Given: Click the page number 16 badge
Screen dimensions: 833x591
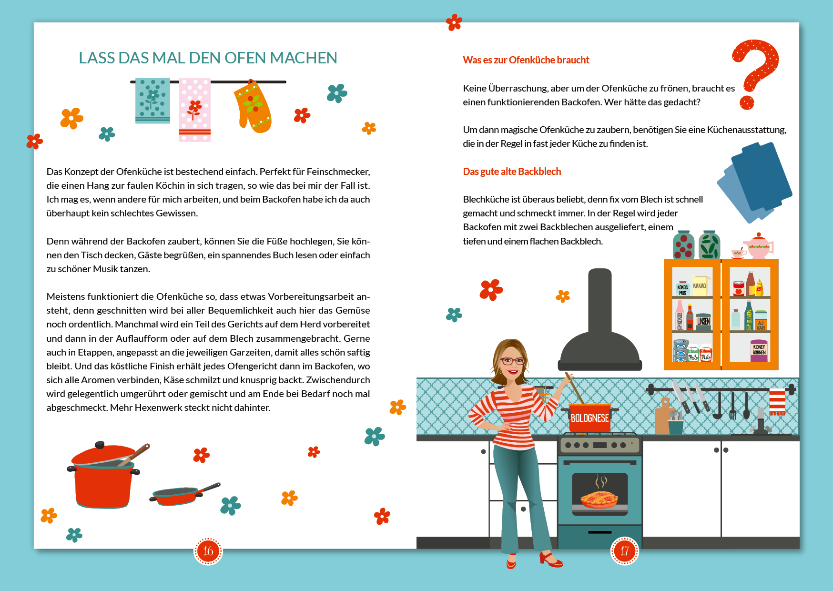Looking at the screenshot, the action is [208, 551].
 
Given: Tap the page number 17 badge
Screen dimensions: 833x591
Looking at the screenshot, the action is [624, 551].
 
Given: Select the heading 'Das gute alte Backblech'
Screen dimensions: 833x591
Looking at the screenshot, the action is [512, 172].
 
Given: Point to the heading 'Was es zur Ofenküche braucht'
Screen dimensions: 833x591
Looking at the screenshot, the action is [526, 60].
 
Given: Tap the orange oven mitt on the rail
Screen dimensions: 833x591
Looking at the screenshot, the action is [253, 107].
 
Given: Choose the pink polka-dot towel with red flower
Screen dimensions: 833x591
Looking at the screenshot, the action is [194, 110].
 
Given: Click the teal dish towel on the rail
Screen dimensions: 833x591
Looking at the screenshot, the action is [152, 101].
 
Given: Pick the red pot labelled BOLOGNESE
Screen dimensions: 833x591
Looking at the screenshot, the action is [589, 418].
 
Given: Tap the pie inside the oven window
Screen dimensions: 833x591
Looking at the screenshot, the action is [599, 499].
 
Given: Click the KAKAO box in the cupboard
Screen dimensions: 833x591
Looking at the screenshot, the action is [699, 285].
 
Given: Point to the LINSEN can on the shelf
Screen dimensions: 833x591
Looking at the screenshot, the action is [703, 321].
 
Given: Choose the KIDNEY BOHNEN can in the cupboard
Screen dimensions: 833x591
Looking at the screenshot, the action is [759, 350].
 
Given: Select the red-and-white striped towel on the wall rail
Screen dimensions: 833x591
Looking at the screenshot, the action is [777, 402].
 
